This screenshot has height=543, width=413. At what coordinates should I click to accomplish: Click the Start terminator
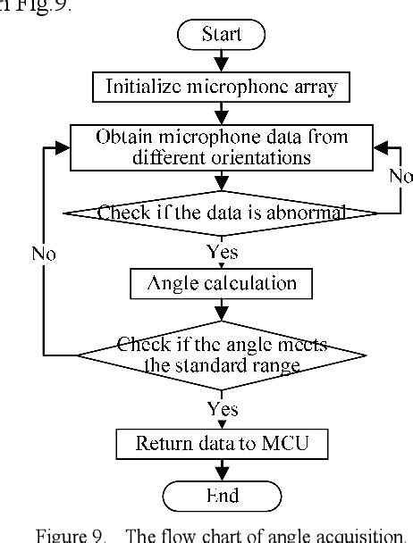tap(222, 35)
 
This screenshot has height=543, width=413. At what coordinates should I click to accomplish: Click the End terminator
tap(222, 493)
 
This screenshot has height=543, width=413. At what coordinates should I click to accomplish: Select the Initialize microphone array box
tap(222, 87)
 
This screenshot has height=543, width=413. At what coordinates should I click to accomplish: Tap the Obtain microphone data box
tap(222, 146)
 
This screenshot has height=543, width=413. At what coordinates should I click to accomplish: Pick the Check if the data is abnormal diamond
tap(222, 213)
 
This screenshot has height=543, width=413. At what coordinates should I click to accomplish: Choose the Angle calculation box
tap(222, 284)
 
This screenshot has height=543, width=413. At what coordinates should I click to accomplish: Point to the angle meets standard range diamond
tap(222, 355)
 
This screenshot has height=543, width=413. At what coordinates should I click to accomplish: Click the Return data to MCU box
tap(222, 443)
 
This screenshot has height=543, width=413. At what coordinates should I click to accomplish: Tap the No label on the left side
tap(43, 254)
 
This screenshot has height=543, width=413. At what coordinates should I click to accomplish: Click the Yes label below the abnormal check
tap(222, 252)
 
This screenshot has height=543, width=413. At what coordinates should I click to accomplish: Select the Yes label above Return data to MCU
tap(222, 409)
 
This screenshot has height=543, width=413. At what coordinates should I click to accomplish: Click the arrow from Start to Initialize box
tap(222, 61)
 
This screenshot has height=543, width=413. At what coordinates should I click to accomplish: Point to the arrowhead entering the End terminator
tap(222, 473)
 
